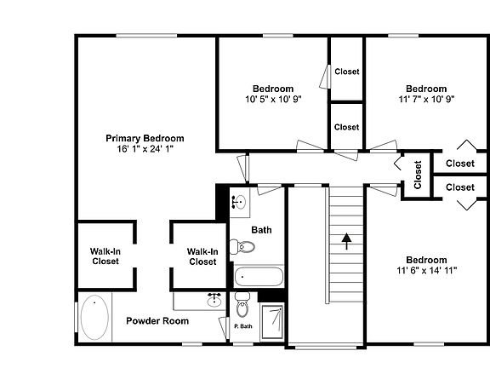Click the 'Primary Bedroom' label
(x=145, y=138)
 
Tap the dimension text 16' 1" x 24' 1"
(x=145, y=149)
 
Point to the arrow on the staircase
(x=346, y=241)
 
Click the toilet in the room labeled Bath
(x=244, y=248)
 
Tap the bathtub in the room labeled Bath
(x=259, y=277)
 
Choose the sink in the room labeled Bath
(x=240, y=203)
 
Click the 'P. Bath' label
(x=242, y=326)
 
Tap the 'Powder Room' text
(x=157, y=321)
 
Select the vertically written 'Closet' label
(x=418, y=175)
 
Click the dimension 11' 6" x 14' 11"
(x=426, y=271)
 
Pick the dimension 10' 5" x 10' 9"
(x=273, y=99)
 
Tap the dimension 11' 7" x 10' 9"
(x=426, y=99)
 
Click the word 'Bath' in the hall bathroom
(x=261, y=230)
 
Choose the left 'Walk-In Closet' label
(x=105, y=256)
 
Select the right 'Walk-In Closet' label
(x=202, y=256)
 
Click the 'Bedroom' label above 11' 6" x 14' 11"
(x=426, y=260)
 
